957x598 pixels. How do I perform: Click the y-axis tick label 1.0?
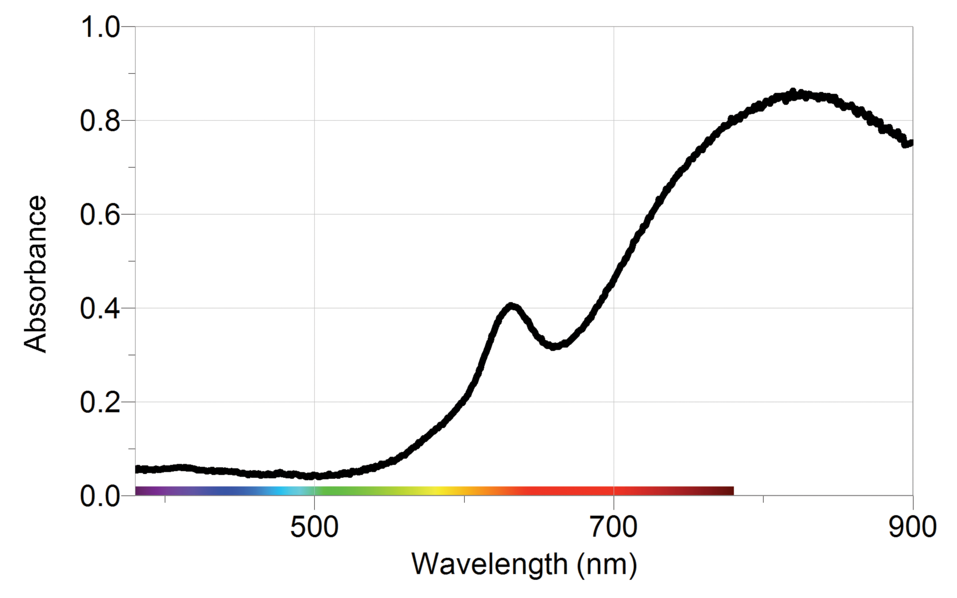(x=100, y=27)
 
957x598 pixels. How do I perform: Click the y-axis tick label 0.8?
(x=100, y=121)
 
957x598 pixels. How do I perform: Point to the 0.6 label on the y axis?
(x=100, y=215)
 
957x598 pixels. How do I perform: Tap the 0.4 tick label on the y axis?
(x=100, y=308)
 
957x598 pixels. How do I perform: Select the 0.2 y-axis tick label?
(x=100, y=402)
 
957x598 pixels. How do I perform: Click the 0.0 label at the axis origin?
(x=100, y=496)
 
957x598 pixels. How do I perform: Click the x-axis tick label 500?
(x=314, y=527)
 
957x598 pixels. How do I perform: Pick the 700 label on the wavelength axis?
(x=614, y=527)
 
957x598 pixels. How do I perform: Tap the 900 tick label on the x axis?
(x=912, y=527)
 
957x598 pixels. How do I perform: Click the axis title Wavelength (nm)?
(x=524, y=564)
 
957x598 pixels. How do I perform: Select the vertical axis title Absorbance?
(x=36, y=274)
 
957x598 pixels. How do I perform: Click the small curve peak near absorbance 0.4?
(x=511, y=306)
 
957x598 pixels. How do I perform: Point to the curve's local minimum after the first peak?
(x=554, y=346)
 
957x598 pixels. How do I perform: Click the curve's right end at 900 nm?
(x=910, y=142)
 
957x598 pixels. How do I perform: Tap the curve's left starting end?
(x=138, y=469)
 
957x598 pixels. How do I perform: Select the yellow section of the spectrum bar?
(x=439, y=491)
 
